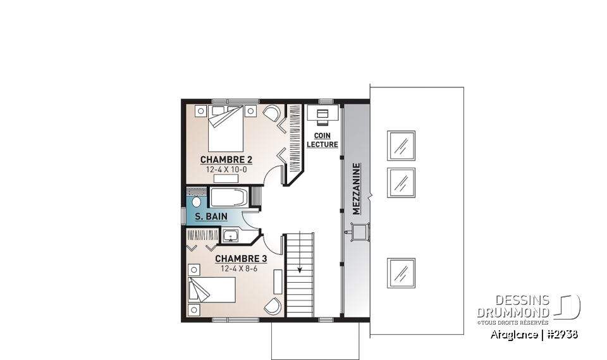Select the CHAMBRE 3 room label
point(241,259)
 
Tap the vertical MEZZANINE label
point(357,189)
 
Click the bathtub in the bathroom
point(230,197)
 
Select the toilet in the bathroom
point(196,202)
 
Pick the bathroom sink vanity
point(232,236)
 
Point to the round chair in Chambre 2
point(271,115)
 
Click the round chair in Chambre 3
point(272,305)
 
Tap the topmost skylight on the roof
point(400,146)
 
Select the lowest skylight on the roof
point(400,273)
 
